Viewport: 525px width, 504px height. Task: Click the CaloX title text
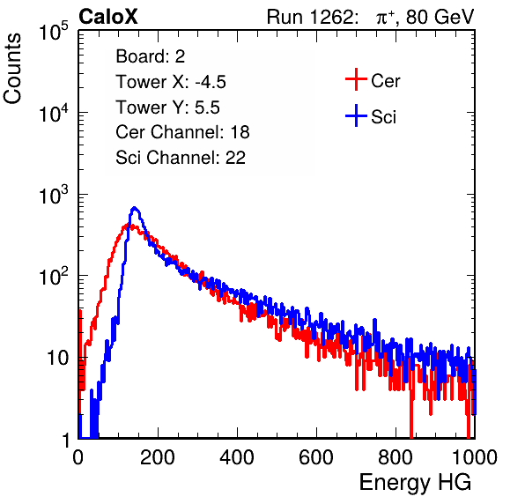click(x=108, y=17)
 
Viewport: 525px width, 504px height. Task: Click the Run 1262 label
click(x=310, y=17)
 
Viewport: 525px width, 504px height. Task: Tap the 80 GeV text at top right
click(x=440, y=17)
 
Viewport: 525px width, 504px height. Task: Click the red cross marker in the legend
click(x=356, y=79)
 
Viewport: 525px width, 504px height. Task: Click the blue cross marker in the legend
click(x=356, y=115)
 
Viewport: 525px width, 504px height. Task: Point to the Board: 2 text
click(x=151, y=56)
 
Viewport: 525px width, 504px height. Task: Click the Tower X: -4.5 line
click(x=171, y=82)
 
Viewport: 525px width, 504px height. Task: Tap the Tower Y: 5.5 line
click(x=167, y=107)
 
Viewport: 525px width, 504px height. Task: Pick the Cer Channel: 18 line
click(x=182, y=132)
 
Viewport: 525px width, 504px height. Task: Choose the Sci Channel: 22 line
click(x=181, y=158)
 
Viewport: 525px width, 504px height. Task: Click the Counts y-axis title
click(x=12, y=69)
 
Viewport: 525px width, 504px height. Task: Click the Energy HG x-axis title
click(x=415, y=482)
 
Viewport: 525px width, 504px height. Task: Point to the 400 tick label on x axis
click(x=237, y=457)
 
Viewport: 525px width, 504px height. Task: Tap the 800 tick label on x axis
click(x=396, y=457)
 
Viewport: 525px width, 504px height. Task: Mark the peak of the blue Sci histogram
click(x=134, y=208)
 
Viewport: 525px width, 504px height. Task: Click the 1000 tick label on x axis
click(x=475, y=457)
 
